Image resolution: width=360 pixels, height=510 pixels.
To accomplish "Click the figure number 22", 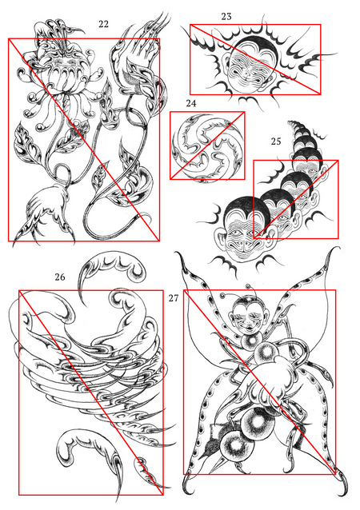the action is pos(103,24).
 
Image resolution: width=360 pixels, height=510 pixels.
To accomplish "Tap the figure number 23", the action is pos(226,16).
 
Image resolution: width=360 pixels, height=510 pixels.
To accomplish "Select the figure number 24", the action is pos(191,103).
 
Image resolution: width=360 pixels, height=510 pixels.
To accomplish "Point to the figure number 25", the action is pos(276,141).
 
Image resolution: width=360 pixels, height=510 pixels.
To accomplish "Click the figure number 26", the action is pos(60,277).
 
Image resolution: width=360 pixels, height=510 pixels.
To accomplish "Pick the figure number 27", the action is pos(174,298).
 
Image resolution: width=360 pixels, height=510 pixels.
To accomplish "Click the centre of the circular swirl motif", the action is pos(207,146).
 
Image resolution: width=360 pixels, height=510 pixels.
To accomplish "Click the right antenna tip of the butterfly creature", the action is pos(250,286).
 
